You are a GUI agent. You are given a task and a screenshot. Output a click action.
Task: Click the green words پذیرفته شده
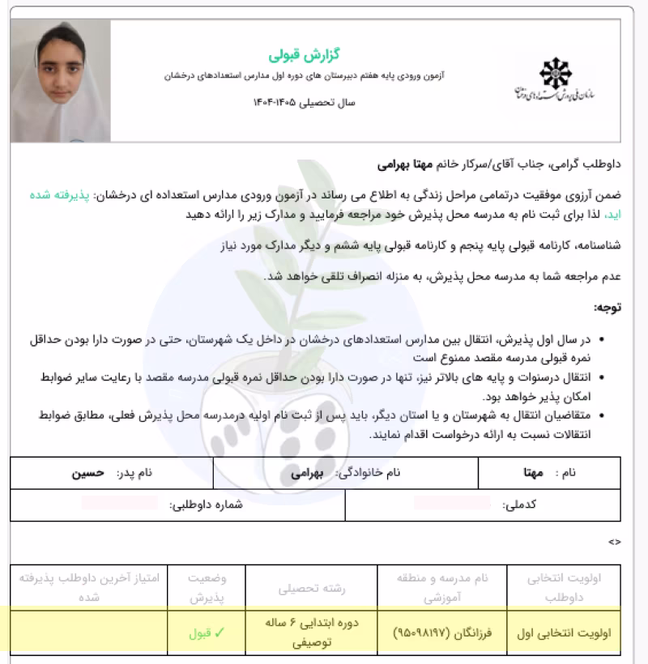[613, 196]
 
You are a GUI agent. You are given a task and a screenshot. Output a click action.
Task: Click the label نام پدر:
[133, 472]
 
